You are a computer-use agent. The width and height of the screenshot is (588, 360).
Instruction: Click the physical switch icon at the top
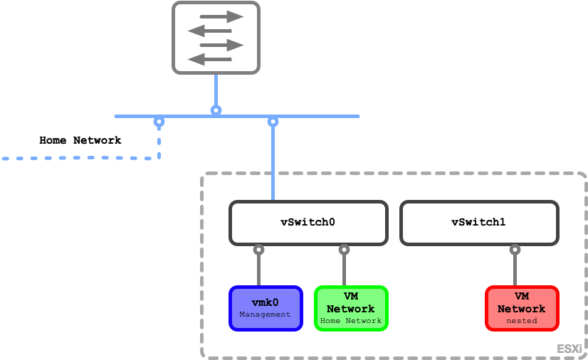[x=216, y=37]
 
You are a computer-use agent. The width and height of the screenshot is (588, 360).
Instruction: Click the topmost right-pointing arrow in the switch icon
[x=221, y=16]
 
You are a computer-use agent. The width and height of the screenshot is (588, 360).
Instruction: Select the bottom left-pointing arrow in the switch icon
[x=209, y=58]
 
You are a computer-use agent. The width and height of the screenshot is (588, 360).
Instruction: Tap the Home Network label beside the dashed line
[x=80, y=140]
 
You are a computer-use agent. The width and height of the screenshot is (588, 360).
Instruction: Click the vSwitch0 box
[x=308, y=222]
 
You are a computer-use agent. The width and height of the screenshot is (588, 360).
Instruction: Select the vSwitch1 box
[x=478, y=222]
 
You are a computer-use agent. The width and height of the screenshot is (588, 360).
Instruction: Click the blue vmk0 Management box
[x=266, y=308]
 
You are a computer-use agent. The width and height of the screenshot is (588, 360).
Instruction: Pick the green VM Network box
[x=351, y=308]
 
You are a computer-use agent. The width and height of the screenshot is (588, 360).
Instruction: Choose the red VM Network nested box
[x=521, y=308]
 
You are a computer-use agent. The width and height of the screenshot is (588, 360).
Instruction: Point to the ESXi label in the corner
[x=569, y=349]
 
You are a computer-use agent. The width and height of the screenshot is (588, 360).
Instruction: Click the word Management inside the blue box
[x=266, y=314]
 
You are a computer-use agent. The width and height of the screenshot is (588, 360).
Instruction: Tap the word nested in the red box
[x=521, y=321]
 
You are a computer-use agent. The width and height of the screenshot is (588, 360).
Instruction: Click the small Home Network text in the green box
[x=351, y=321]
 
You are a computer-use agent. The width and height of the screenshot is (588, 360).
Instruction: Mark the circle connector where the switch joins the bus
[x=216, y=110]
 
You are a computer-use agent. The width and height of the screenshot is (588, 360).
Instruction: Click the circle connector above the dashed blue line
[x=159, y=122]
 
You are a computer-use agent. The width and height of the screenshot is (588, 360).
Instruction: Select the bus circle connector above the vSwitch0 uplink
[x=273, y=122]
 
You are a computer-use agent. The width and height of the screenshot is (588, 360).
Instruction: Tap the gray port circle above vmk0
[x=258, y=250]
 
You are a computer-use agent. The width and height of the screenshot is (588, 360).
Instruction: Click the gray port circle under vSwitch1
[x=515, y=250]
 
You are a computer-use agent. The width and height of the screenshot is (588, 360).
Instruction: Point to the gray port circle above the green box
[x=344, y=250]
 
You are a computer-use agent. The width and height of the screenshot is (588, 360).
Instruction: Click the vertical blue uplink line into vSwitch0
[x=273, y=164]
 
